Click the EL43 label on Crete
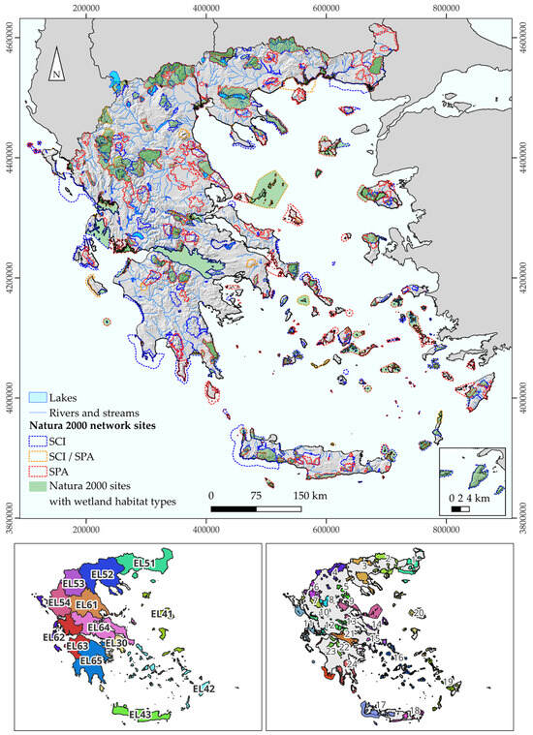(x=142, y=714)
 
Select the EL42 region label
(x=204, y=689)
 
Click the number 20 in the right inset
(x=419, y=613)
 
